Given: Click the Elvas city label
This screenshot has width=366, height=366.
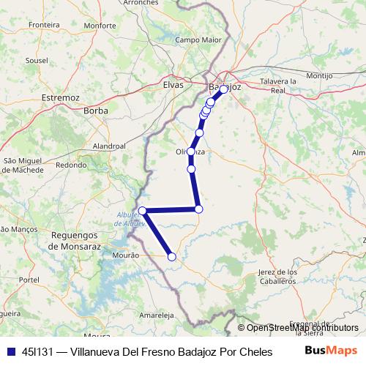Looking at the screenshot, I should (173, 85).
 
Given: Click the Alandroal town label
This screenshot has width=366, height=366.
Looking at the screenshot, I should (111, 146).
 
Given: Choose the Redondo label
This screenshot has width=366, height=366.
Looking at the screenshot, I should (71, 165).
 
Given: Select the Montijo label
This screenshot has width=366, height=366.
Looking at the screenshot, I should (319, 75).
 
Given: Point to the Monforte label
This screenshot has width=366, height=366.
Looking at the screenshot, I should (100, 25).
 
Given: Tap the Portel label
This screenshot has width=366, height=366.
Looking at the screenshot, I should (29, 280).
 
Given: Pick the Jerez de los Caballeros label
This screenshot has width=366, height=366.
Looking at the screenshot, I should (277, 277).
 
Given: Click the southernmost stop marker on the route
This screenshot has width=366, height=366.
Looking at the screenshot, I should (172, 256).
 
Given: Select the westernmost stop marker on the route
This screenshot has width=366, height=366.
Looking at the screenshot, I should (143, 211).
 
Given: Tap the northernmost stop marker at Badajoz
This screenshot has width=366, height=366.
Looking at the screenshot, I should (223, 89).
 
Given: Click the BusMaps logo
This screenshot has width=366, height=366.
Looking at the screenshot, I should (331, 351).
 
